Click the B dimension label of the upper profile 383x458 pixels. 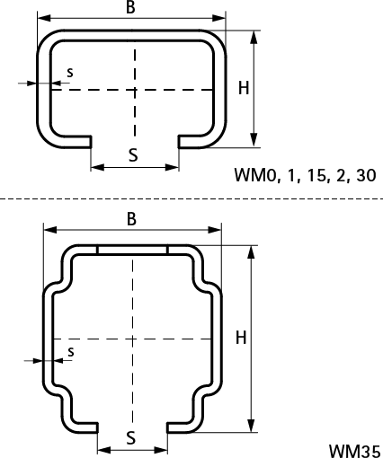pos(131,8)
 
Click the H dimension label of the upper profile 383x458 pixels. pos(243,88)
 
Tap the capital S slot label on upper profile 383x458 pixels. pos(133,154)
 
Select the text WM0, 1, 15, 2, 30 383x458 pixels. pos(305,175)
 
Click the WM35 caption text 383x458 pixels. pos(354,448)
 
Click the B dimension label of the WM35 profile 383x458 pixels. pos(131,218)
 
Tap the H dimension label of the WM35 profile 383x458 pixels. pos(240,338)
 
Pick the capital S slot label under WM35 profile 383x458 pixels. pos(131,437)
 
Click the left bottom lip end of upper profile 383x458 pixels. pos(90,140)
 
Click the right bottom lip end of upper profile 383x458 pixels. pos(180,140)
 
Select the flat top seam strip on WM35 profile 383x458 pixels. pos(132,249)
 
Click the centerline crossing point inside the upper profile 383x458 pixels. pos(134,90)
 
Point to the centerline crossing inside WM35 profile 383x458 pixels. pos(132,339)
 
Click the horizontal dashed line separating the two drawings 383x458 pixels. pos(191,196)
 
